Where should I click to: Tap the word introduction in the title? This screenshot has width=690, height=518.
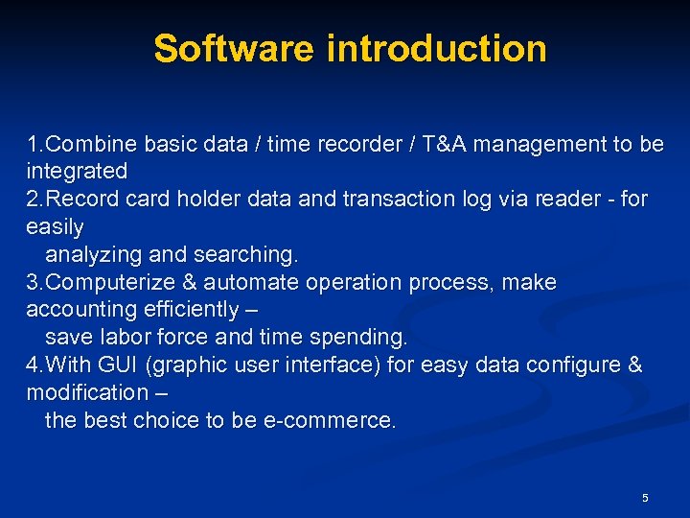pyautogui.click(x=437, y=48)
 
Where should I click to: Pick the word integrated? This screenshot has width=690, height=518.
pyautogui.click(x=77, y=172)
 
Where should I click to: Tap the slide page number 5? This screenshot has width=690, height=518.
pyautogui.click(x=645, y=498)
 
